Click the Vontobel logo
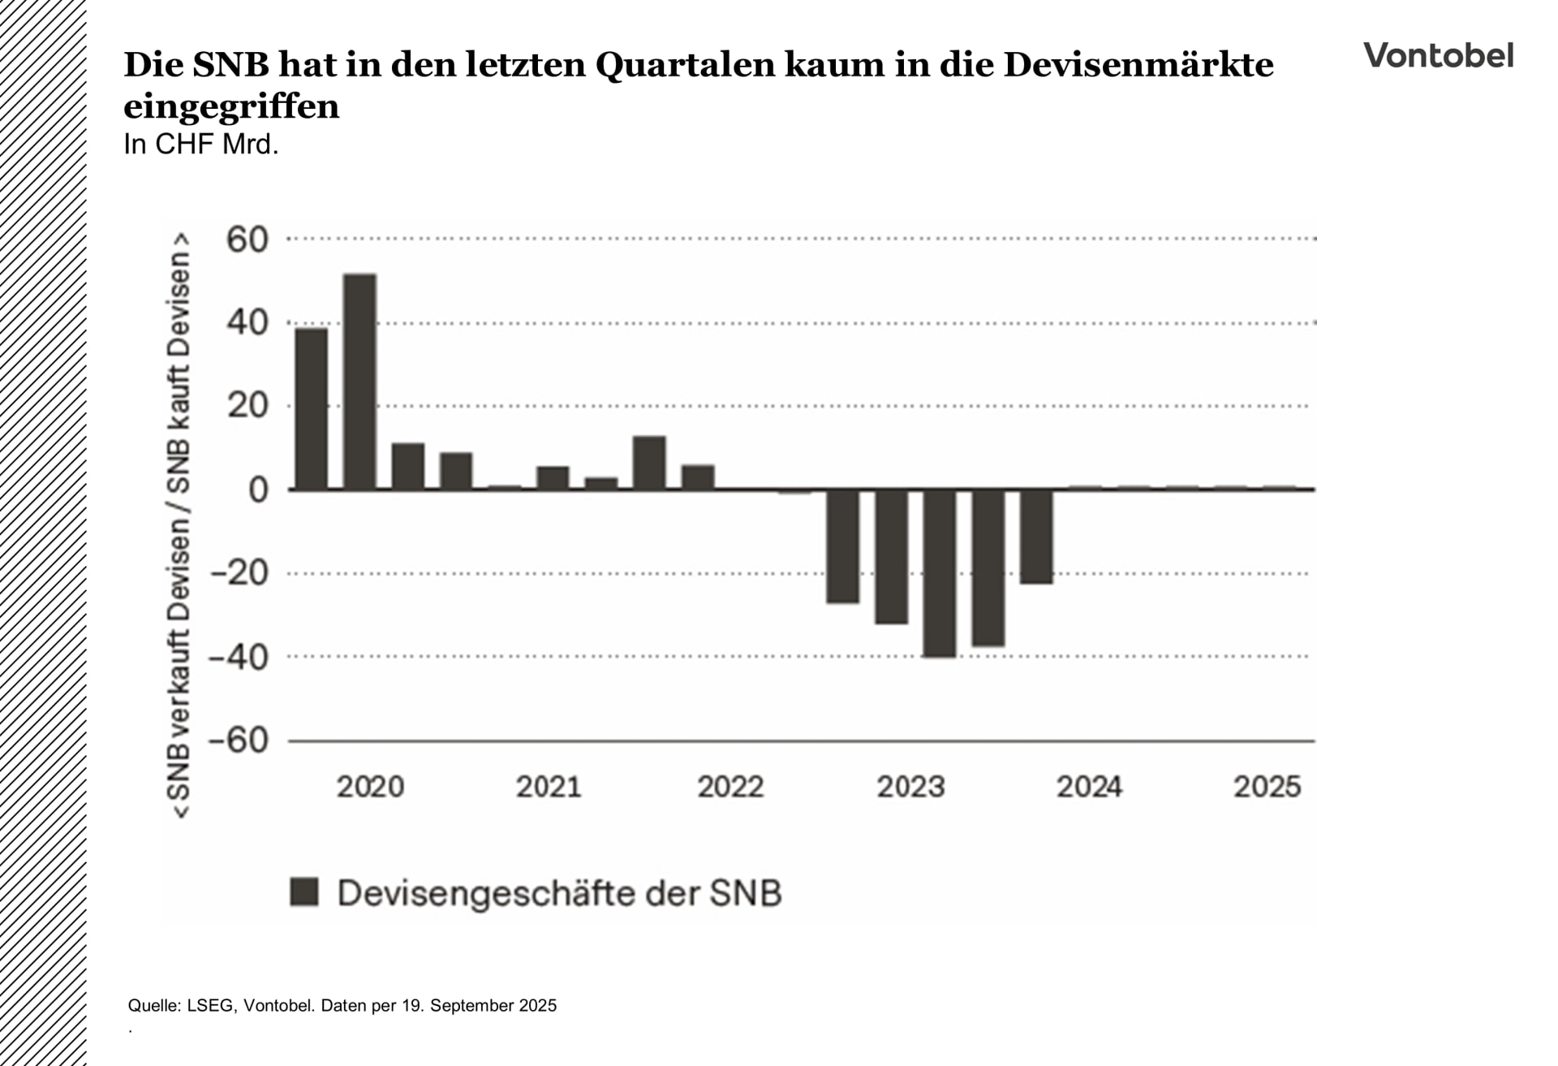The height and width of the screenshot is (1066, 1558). point(1438,55)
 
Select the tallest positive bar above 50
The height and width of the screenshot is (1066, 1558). point(359,382)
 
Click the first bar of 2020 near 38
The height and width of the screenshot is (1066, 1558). point(312,408)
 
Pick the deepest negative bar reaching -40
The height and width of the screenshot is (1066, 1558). point(940,572)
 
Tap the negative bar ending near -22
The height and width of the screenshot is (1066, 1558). point(1036,536)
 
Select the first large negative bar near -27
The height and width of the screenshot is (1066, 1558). point(842,546)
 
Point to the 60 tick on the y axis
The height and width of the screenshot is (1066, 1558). point(247,240)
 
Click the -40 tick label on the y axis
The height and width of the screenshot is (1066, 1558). point(239,657)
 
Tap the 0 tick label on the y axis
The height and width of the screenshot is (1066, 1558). point(257,490)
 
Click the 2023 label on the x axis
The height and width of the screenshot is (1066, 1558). point(910,787)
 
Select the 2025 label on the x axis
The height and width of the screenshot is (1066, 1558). point(1267,787)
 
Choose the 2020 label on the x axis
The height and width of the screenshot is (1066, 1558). point(370,787)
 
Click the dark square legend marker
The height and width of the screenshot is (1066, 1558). point(304,892)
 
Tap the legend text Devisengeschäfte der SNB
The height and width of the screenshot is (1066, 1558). point(559,893)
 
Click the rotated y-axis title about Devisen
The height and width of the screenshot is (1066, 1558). point(179,525)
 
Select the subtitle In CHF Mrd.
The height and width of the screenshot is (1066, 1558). point(200,145)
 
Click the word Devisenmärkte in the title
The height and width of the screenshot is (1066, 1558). point(1138,65)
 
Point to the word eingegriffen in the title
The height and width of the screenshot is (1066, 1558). point(231,106)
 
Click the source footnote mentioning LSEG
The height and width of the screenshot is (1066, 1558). point(342,1005)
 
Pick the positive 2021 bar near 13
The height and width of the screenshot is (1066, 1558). point(649,463)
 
